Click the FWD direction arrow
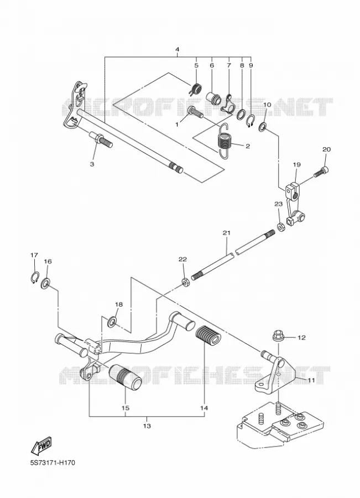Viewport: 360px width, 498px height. (x=41, y=445)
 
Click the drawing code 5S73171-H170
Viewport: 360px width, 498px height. (x=53, y=463)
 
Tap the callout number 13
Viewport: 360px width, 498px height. (x=147, y=426)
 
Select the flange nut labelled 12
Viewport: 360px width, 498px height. (x=278, y=336)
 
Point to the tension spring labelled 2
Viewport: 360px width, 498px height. (x=225, y=141)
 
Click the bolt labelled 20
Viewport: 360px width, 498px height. (x=321, y=171)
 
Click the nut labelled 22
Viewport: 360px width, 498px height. (x=186, y=282)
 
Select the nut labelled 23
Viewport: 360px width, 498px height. (x=280, y=227)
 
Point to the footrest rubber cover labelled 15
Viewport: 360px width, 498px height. (x=125, y=378)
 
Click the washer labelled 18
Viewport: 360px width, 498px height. (x=112, y=322)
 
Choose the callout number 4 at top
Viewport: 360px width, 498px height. (x=177, y=50)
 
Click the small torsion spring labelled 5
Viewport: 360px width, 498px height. (x=196, y=89)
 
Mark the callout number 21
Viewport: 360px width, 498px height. (x=226, y=233)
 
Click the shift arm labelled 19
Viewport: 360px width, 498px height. (x=295, y=204)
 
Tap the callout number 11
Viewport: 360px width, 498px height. (x=311, y=381)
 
